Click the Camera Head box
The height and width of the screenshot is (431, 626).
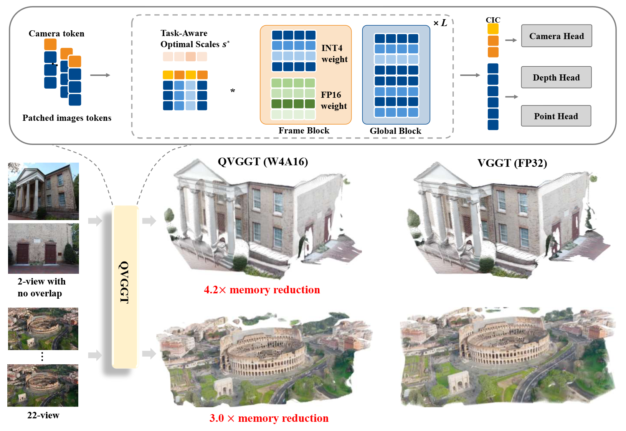556,36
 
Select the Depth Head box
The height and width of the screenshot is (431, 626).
556,77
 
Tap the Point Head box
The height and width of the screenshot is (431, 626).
555,116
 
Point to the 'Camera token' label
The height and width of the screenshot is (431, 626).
56,34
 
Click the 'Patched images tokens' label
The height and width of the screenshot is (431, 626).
67,118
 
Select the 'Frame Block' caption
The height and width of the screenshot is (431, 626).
304,131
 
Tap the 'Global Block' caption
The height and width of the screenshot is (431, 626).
395,131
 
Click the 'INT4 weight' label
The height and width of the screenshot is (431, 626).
334,54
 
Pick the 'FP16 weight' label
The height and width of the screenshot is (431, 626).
334,100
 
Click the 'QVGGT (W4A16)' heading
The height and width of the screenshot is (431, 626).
263,162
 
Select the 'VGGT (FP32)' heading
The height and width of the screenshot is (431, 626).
512,163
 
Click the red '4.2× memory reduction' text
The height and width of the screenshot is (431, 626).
262,290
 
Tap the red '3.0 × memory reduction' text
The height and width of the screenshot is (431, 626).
269,418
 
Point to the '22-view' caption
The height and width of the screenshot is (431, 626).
43,416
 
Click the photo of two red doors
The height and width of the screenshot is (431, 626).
43,248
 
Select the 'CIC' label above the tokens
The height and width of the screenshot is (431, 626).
493,20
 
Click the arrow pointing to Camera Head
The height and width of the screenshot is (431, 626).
511,40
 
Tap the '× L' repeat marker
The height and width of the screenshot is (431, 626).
440,23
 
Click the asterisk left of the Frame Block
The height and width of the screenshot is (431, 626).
233,91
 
